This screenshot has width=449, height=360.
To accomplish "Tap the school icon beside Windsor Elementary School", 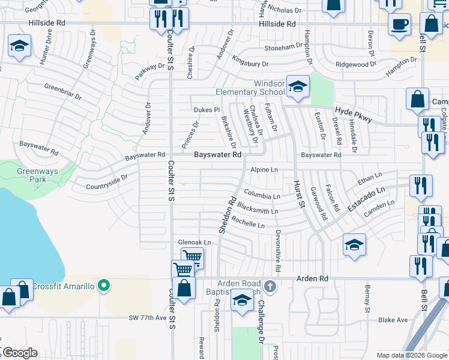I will coord(298,88).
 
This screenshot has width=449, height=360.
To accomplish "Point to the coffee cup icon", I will coord(399,25).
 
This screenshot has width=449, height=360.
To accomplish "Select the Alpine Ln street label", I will coord(265,170).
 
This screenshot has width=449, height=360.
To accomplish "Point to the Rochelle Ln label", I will coord(248,223).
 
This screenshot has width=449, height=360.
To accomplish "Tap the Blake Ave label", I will coord(393,320).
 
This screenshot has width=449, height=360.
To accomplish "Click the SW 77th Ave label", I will coord(146,317).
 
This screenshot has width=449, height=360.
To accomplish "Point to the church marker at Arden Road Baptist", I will coord(271,286).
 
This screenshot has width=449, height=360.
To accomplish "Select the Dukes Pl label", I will coord(208,110).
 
